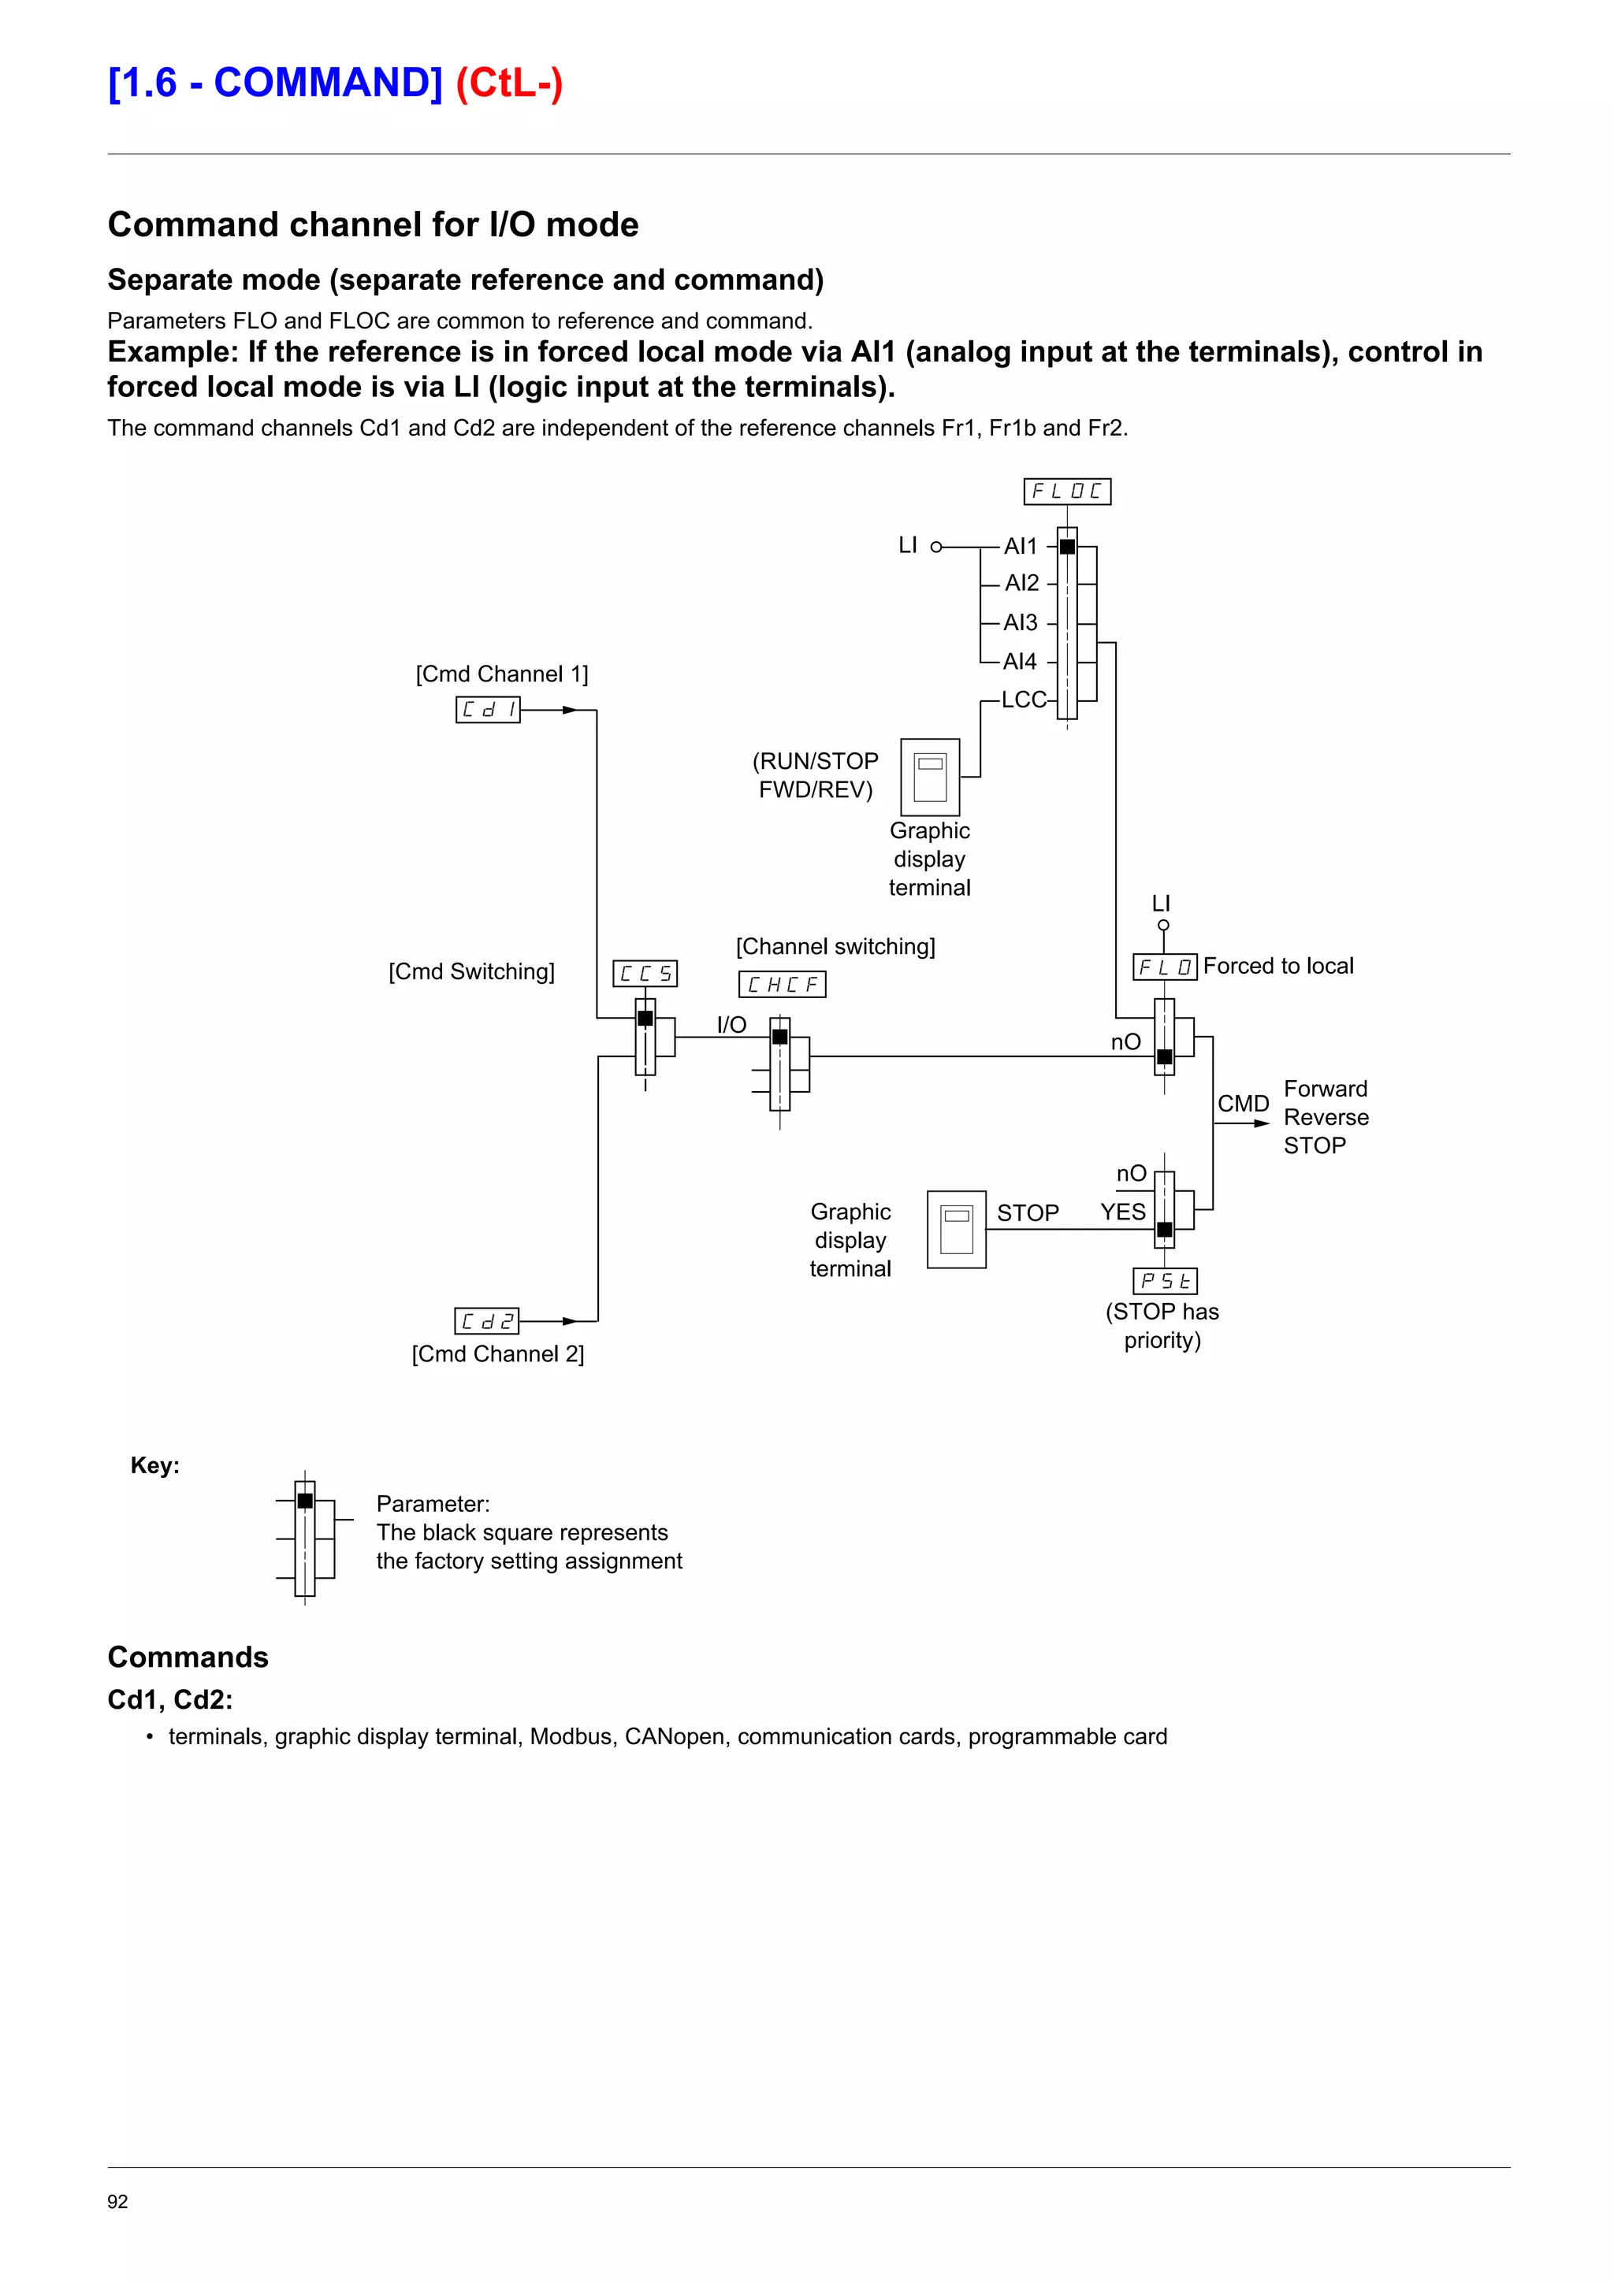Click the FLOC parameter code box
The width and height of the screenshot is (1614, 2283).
[x=1066, y=492]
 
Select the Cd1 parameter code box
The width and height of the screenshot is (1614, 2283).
[x=487, y=710]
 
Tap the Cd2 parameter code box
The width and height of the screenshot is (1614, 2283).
[x=486, y=1320]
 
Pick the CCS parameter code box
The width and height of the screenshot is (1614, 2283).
[x=645, y=974]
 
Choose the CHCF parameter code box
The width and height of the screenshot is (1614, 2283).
[x=782, y=985]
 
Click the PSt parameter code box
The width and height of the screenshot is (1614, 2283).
[x=1165, y=1281]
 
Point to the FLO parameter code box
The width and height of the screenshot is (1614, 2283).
[x=1165, y=967]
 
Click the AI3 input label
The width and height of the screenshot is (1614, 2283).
[x=1021, y=622]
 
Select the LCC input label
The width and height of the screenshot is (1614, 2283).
[x=1023, y=700]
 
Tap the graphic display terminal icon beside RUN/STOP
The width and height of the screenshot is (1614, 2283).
[x=930, y=777]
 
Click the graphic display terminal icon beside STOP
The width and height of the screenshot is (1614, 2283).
[x=956, y=1229]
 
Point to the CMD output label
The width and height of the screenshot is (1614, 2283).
[x=1243, y=1104]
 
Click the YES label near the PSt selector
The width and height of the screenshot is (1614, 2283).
[x=1123, y=1212]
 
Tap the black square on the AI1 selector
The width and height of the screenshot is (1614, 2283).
[x=1067, y=547]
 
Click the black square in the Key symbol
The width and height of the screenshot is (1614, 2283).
[x=305, y=1501]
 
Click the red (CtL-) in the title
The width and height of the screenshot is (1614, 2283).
[x=509, y=83]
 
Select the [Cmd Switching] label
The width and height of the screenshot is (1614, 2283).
[x=471, y=971]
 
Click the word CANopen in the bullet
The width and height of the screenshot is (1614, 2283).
[x=675, y=1736]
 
